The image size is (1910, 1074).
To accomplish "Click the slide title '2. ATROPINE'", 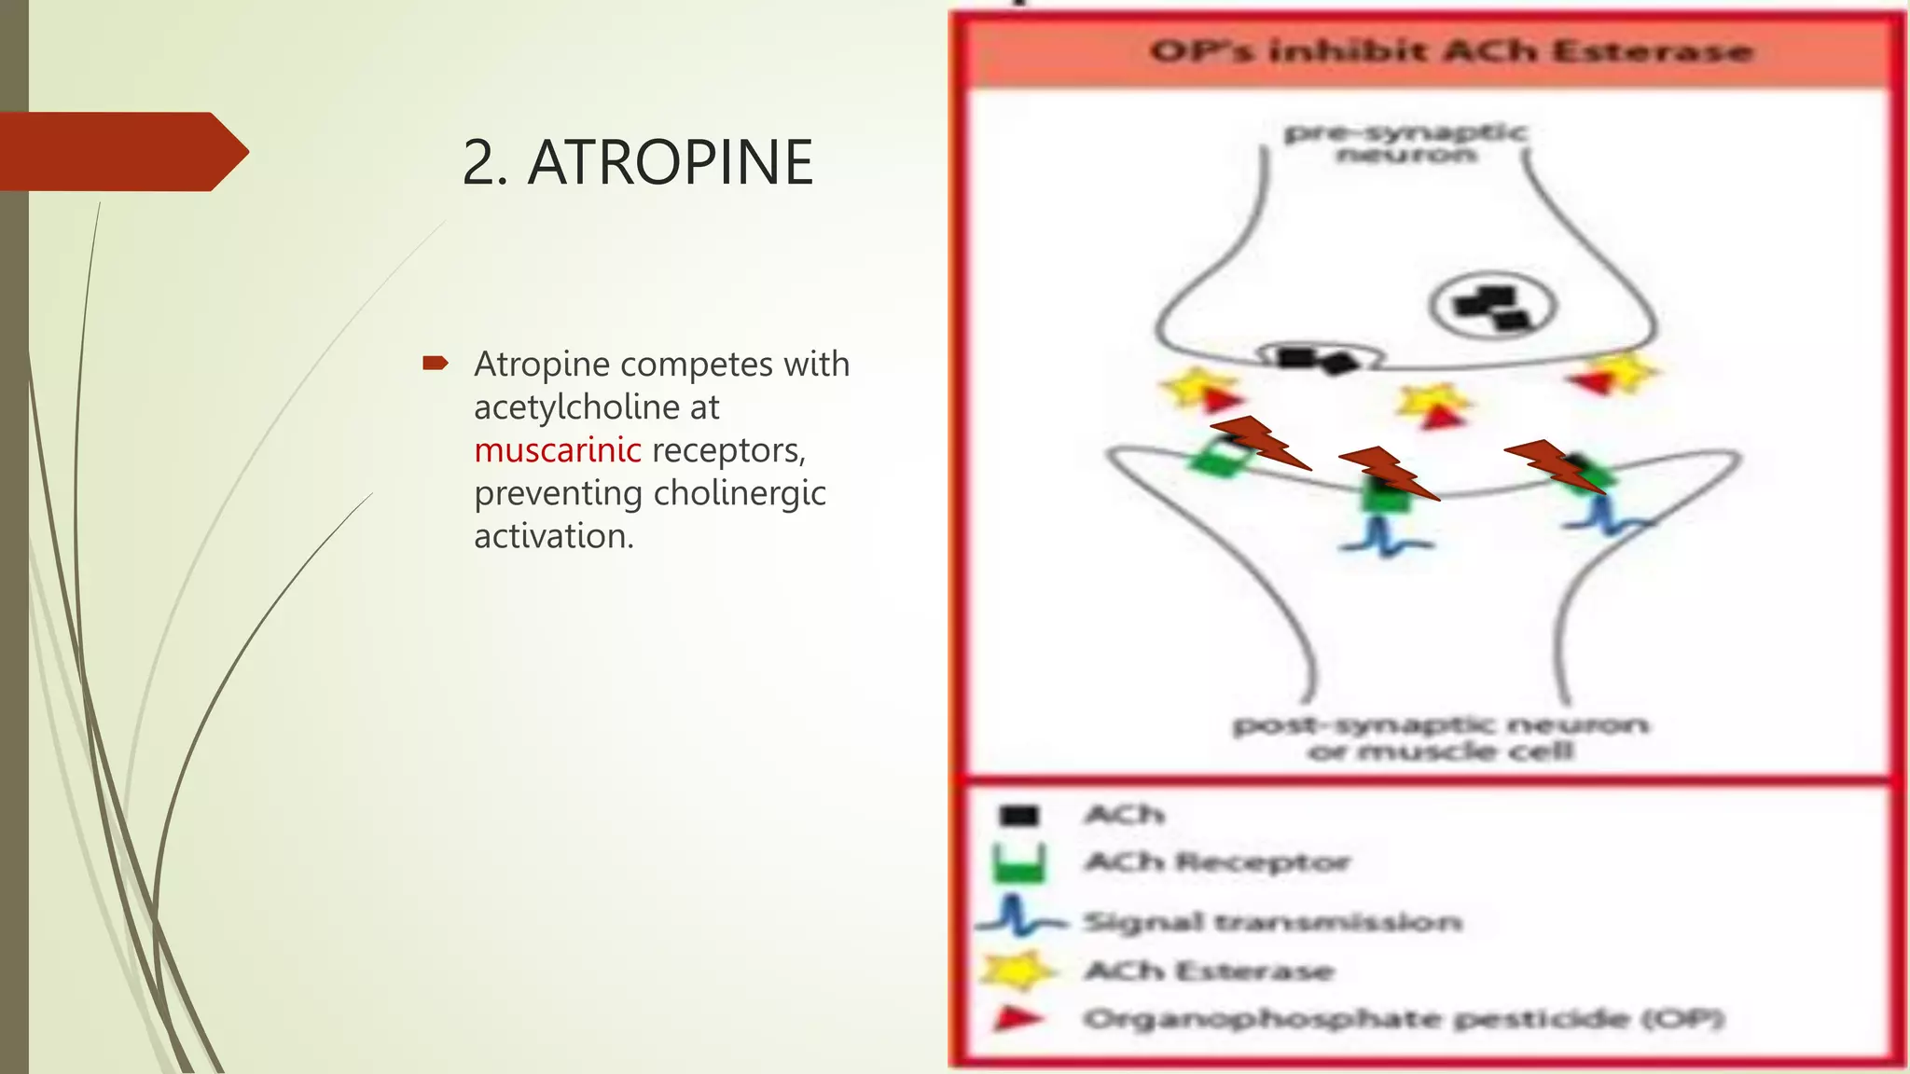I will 637,162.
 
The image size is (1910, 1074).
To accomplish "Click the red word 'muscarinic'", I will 557,450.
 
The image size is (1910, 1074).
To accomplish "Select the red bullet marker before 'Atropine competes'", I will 435,364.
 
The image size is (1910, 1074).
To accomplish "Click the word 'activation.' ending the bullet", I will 553,536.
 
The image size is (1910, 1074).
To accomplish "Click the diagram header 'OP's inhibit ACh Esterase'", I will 1450,51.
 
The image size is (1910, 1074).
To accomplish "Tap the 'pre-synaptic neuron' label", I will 1405,143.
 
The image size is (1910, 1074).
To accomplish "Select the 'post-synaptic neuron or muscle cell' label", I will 1441,737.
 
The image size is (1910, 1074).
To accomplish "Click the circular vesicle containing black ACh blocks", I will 1492,307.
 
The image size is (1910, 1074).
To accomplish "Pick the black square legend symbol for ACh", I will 1017,816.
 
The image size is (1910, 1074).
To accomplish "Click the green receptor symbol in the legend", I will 1018,863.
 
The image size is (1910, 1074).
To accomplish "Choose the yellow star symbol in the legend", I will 1017,971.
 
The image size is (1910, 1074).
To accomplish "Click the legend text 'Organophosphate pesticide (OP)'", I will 1403,1019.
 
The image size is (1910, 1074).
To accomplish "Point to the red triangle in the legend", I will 1017,1018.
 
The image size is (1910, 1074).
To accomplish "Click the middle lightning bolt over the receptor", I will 1388,473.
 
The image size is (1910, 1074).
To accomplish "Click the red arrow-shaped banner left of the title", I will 121,151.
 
